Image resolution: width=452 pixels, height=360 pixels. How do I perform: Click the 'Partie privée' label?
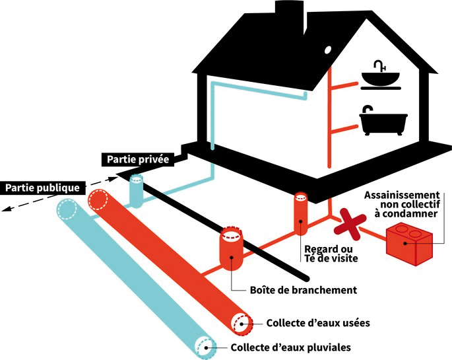tap(138, 159)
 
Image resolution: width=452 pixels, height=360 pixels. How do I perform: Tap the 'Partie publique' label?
tap(42, 188)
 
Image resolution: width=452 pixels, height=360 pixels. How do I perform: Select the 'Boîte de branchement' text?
tap(304, 289)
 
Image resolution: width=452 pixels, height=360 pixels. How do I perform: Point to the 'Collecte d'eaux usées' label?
tap(318, 323)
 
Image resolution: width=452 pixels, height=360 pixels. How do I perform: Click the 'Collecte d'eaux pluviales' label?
tap(291, 347)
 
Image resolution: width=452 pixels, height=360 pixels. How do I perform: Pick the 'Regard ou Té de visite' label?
tap(331, 253)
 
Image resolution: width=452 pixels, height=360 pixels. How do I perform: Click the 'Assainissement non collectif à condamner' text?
tap(402, 204)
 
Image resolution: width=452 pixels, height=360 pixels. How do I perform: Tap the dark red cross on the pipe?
tap(350, 224)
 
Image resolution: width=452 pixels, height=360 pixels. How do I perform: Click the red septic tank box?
tap(409, 244)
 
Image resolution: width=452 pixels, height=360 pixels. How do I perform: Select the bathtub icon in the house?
tap(383, 121)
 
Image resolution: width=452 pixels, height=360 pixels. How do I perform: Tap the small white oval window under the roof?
tap(328, 50)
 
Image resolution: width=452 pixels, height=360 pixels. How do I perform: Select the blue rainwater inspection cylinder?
tap(136, 191)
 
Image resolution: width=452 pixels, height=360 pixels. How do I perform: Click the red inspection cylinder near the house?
tap(301, 212)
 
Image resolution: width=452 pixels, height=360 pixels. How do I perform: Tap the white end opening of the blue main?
tap(205, 347)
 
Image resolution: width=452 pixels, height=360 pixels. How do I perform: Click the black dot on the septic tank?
tap(405, 243)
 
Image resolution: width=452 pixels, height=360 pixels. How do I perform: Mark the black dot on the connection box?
tap(232, 258)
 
